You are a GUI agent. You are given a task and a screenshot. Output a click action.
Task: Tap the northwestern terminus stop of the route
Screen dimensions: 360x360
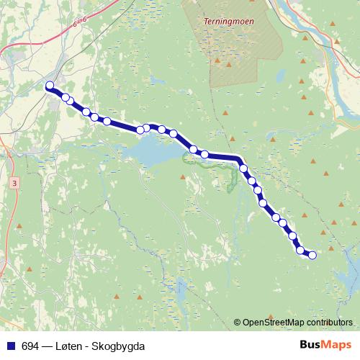[x=50, y=86]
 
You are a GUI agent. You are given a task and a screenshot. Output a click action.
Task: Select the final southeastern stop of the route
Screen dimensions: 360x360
[x=312, y=254]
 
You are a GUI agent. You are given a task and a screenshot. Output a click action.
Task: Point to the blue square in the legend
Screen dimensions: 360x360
[x=11, y=346]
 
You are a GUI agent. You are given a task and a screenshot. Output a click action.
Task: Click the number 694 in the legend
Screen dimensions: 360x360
[x=31, y=346]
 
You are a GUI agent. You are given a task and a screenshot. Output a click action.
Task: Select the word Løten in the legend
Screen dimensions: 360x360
[x=67, y=346]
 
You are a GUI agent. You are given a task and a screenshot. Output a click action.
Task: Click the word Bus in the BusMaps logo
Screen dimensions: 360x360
[x=312, y=346]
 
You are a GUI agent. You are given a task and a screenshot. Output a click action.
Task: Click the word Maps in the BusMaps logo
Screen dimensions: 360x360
[x=337, y=346]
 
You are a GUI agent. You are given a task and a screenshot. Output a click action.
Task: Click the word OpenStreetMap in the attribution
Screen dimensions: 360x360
[x=275, y=322]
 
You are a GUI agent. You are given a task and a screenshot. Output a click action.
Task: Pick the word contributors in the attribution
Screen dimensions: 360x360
[x=330, y=322]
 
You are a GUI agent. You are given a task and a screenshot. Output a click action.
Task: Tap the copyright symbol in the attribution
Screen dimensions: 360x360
[x=236, y=322]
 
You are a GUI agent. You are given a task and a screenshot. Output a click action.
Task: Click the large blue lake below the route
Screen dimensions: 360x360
[x=155, y=150]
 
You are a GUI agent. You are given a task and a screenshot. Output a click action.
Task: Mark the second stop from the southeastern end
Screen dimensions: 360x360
[x=301, y=250]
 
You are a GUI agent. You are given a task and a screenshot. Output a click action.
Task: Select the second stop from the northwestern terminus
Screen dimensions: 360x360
[x=66, y=97]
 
